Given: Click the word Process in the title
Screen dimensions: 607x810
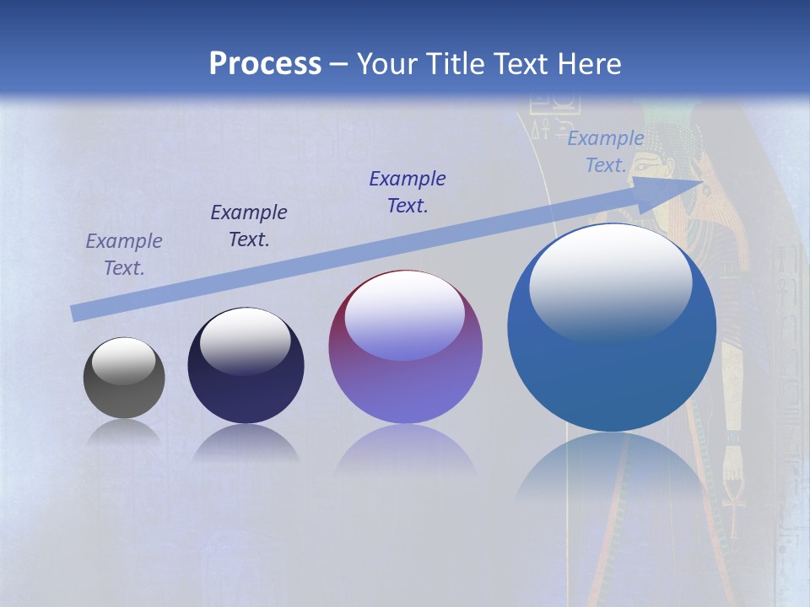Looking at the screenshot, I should [x=265, y=64].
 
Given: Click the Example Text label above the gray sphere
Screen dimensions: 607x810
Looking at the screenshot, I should [x=124, y=255].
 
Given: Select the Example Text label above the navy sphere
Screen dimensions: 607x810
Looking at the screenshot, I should [x=249, y=226].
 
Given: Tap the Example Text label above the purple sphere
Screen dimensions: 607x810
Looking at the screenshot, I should [x=408, y=192].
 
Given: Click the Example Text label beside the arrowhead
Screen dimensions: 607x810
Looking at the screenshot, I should [x=606, y=152].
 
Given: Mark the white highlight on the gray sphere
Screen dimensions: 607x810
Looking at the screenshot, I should [x=124, y=361].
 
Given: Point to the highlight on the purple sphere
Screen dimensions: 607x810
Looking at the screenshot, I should [x=405, y=314].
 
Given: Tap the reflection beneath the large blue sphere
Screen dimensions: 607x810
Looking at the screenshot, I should [x=612, y=472].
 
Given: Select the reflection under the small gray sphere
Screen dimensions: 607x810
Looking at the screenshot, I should [x=124, y=432].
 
